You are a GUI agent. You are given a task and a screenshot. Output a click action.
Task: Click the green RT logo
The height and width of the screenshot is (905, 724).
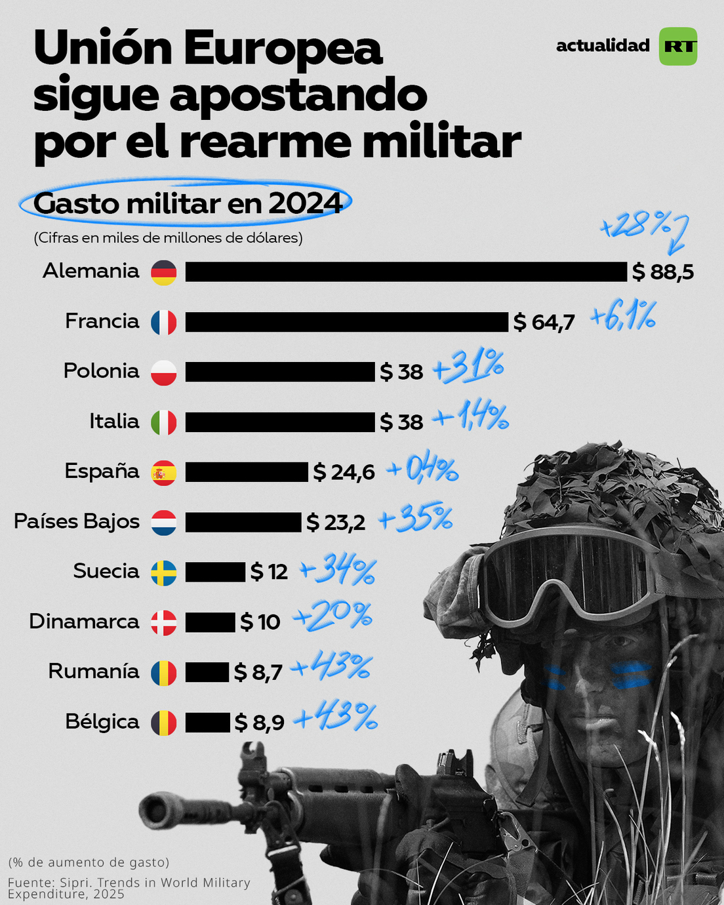[x=677, y=47]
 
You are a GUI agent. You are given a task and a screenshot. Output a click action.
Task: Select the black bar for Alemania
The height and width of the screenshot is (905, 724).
[x=406, y=271]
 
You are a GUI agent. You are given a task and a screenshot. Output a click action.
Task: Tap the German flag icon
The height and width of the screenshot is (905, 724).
[x=163, y=272]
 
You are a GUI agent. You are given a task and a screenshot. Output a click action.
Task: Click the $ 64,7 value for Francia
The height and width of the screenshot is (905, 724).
[x=544, y=322]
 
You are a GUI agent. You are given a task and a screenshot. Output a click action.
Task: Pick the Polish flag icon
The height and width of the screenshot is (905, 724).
[x=163, y=372]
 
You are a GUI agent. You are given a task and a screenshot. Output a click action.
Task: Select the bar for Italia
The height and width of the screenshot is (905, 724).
[x=280, y=422]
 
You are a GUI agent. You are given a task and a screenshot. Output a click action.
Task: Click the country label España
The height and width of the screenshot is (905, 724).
[x=102, y=472]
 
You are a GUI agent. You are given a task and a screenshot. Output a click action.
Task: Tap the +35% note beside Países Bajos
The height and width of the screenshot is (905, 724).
[x=416, y=518]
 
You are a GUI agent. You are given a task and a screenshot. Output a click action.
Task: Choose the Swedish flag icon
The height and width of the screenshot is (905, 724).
[x=163, y=573]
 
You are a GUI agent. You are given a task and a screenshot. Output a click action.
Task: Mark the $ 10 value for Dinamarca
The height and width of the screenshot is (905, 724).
[x=260, y=622]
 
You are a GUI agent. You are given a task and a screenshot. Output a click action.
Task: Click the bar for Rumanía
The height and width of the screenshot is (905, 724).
[x=207, y=672]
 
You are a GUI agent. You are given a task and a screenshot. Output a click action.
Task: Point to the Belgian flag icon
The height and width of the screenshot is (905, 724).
[x=163, y=723]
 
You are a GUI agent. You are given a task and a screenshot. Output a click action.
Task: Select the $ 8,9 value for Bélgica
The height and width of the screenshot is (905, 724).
[x=259, y=723]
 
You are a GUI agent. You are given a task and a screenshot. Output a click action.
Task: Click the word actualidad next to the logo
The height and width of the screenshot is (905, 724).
[x=603, y=46]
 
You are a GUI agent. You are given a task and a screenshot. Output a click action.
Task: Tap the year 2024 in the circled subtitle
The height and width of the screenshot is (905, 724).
[x=306, y=203]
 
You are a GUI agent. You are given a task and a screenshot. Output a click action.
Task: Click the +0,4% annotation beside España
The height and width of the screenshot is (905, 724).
[x=422, y=470]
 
